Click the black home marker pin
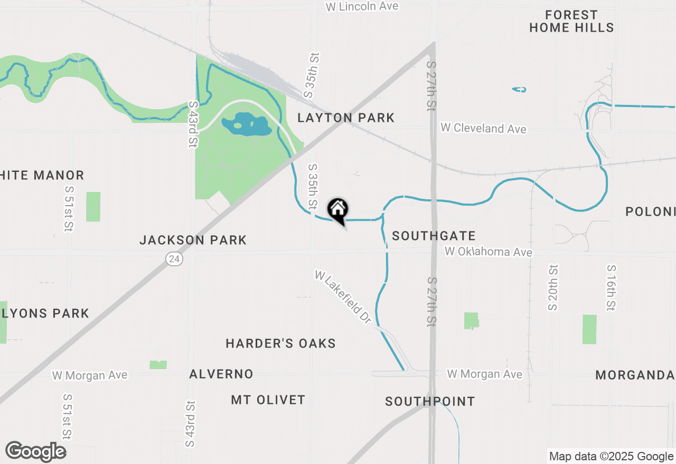click(x=337, y=210)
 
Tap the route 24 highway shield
click(x=174, y=259)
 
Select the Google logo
click(x=36, y=451)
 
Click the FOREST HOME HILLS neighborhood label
click(x=571, y=21)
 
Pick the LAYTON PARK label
click(x=346, y=118)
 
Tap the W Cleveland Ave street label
click(x=483, y=128)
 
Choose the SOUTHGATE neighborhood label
click(x=434, y=236)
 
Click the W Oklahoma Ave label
click(x=488, y=252)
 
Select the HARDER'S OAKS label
click(x=280, y=344)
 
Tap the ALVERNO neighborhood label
click(x=221, y=374)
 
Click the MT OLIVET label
click(x=268, y=400)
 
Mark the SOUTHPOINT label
click(x=430, y=401)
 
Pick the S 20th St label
click(x=552, y=287)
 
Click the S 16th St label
click(x=611, y=287)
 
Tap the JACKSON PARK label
click(x=193, y=240)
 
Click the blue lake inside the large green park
click(x=247, y=124)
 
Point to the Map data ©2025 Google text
click(x=611, y=457)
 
